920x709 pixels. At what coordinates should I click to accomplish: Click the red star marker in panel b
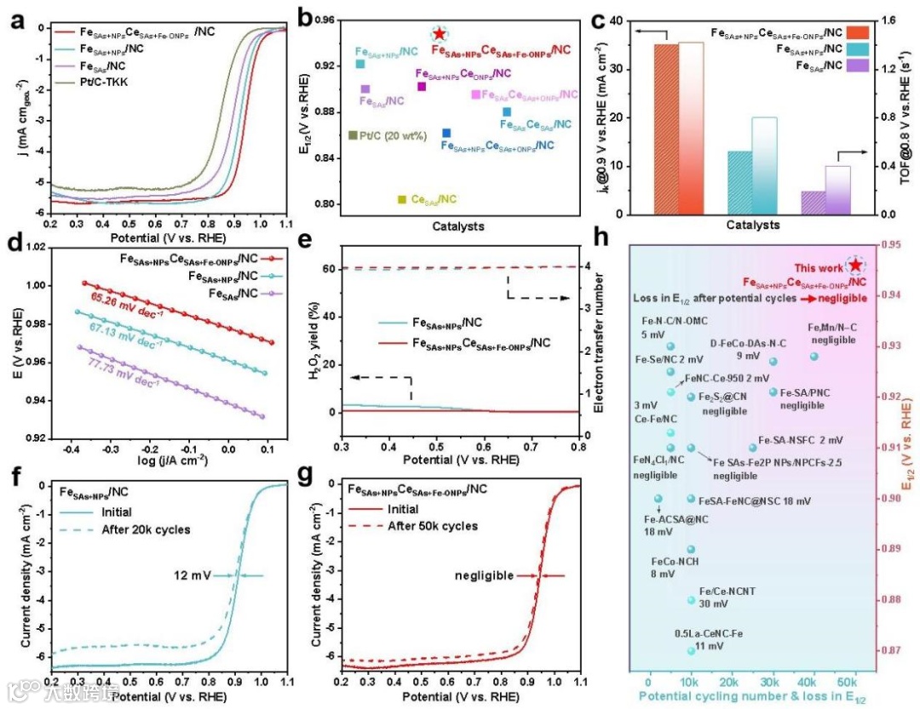[x=439, y=34]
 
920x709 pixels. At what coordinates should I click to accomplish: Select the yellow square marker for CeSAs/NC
[x=401, y=199]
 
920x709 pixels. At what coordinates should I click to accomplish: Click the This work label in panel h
[x=819, y=266]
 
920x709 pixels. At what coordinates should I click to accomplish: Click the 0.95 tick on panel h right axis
[x=887, y=245]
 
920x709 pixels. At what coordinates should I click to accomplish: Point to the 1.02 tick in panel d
[x=42, y=248]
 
